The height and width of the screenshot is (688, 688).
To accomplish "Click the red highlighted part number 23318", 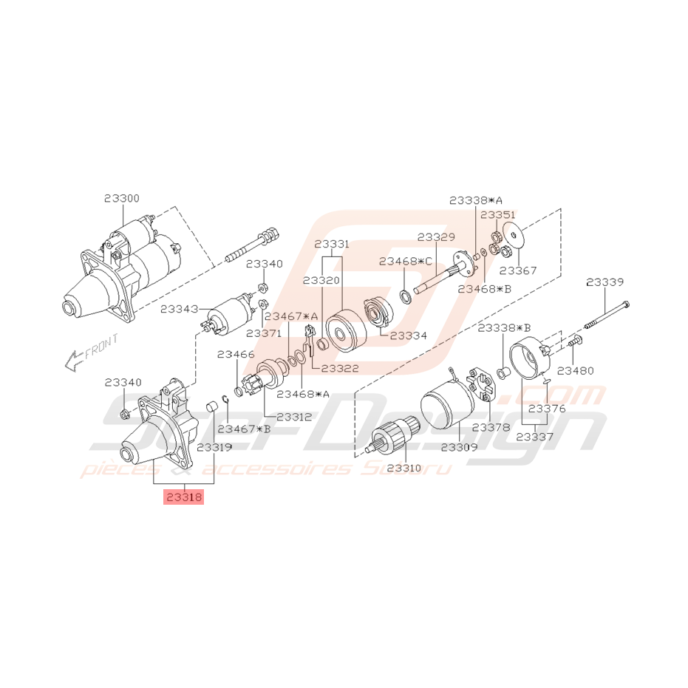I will tap(183, 498).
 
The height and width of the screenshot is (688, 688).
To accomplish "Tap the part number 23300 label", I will tap(121, 199).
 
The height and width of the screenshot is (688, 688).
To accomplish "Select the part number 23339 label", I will tap(604, 282).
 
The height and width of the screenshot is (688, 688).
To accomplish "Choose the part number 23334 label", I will tap(409, 336).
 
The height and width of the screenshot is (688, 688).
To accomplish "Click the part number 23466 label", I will tap(236, 355).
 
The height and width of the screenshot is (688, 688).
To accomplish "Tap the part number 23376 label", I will tap(548, 409).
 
